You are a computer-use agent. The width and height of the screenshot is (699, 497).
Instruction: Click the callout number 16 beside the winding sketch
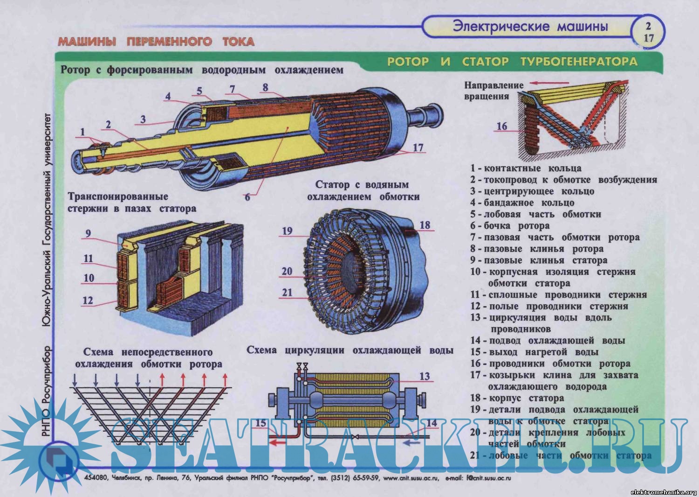click(501, 126)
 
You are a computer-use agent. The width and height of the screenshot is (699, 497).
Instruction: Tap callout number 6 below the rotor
click(247, 197)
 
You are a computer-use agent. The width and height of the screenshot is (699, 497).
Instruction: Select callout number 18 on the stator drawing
click(425, 225)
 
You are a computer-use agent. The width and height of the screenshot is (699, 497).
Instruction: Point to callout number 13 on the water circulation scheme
click(424, 377)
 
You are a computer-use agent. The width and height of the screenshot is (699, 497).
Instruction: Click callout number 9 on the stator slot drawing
click(88, 234)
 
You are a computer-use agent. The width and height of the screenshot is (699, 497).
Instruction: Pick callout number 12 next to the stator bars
click(88, 301)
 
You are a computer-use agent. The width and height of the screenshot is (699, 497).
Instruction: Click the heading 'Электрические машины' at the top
click(530, 26)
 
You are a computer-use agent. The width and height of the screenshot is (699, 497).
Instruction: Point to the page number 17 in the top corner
click(649, 38)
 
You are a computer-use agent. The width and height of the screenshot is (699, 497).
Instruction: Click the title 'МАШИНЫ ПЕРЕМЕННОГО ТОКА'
click(156, 42)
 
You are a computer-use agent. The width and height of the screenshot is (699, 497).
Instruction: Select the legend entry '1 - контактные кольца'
click(526, 168)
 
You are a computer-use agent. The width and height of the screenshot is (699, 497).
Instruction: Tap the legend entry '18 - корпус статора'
click(517, 398)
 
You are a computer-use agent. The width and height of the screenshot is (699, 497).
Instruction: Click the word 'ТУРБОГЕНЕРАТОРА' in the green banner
click(578, 62)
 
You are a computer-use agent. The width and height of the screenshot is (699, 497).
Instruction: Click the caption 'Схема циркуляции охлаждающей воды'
click(350, 350)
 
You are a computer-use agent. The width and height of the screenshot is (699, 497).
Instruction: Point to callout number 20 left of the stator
click(287, 271)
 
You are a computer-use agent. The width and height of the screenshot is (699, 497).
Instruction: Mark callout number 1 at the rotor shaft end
click(82, 132)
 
